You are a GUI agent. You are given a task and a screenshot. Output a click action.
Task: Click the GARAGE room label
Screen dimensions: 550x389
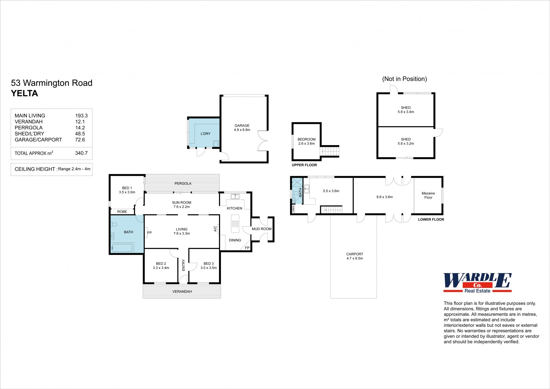242,125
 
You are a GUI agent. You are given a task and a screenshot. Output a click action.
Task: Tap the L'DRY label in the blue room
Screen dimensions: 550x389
206,134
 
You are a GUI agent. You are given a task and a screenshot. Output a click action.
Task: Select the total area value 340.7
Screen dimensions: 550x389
81,153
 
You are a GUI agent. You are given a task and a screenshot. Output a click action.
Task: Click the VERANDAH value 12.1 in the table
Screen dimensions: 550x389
80,122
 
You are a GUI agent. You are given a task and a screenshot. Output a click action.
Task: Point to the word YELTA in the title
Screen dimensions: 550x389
24,93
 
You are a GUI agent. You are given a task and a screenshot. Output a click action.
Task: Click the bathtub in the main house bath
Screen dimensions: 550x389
122,247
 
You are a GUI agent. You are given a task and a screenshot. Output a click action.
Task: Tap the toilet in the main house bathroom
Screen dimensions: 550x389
114,224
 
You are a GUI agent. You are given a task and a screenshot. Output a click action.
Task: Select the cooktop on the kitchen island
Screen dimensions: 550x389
235,224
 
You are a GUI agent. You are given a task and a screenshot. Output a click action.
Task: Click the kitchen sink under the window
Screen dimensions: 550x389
235,196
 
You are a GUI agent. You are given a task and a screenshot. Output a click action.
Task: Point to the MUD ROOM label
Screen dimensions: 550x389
262,229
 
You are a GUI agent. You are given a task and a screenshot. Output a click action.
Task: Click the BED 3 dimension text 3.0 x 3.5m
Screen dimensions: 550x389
208,268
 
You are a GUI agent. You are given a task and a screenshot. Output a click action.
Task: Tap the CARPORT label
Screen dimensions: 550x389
354,254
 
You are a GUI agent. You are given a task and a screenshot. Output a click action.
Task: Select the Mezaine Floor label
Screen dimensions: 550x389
428,195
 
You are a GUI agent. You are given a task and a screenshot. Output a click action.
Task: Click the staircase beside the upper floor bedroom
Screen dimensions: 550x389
330,151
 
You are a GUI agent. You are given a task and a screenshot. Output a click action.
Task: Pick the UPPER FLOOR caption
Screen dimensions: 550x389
304,165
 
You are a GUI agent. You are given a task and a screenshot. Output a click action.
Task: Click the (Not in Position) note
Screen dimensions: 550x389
404,79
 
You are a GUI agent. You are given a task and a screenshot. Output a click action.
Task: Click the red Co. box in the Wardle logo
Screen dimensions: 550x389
477,285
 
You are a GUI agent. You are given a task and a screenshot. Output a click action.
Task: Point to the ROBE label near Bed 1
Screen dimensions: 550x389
122,212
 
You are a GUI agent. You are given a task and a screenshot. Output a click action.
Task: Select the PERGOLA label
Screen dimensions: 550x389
183,183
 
